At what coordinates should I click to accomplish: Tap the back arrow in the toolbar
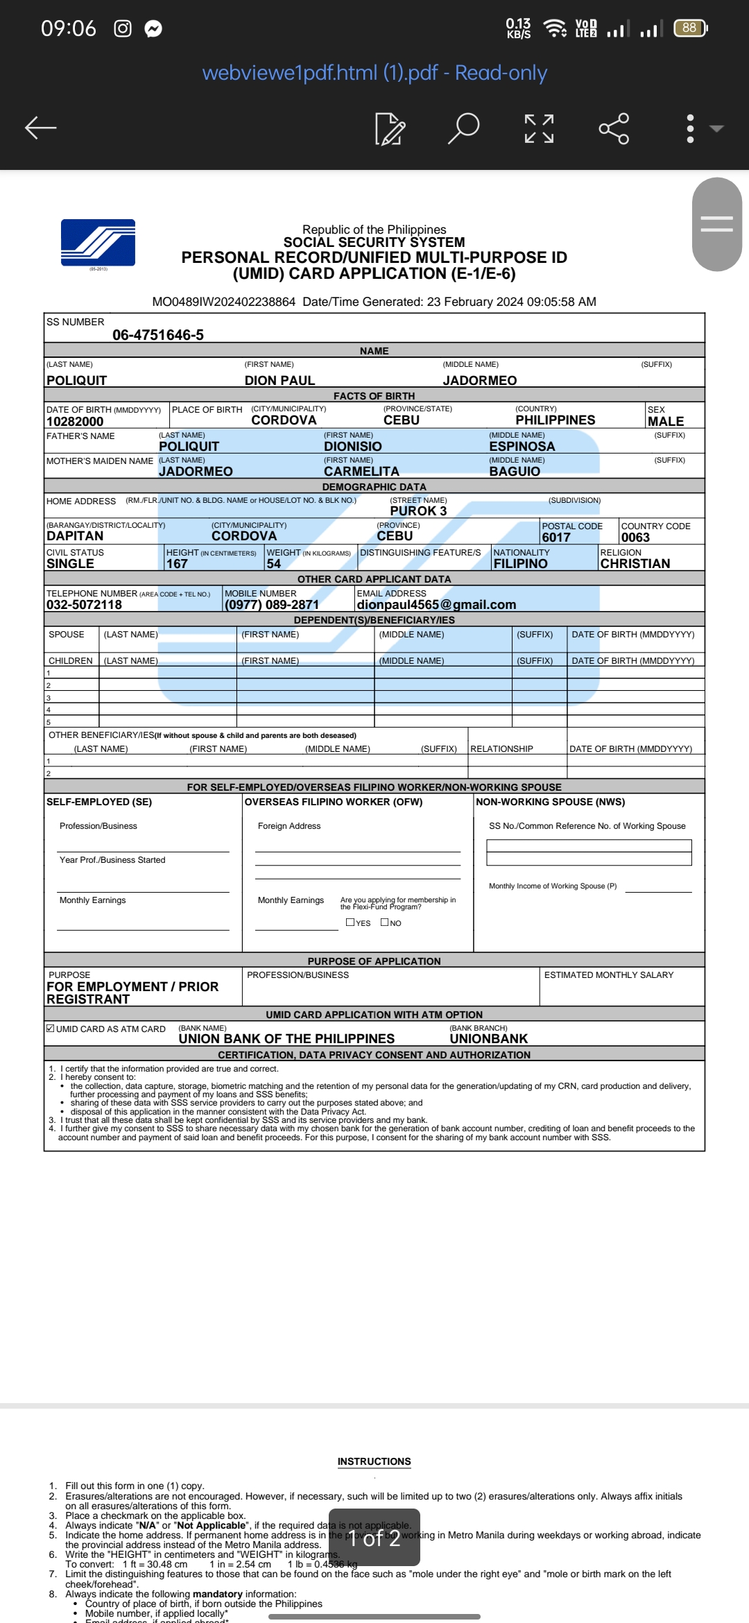click(x=41, y=128)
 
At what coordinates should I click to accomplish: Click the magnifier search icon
click(x=464, y=128)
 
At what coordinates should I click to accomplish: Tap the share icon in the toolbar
click(x=614, y=128)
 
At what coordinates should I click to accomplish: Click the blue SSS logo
click(x=98, y=243)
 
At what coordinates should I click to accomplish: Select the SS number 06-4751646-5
click(x=158, y=335)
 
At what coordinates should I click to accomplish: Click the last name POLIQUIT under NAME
click(x=77, y=381)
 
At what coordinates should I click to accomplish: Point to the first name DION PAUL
click(x=279, y=381)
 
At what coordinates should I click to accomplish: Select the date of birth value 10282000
click(x=75, y=422)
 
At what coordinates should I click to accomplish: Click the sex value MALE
click(x=666, y=422)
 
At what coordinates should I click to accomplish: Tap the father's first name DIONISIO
click(x=352, y=447)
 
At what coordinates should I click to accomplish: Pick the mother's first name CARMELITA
click(x=361, y=472)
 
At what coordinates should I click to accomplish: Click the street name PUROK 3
click(x=418, y=511)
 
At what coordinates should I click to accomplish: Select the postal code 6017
click(x=556, y=538)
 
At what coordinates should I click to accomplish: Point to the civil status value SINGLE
click(x=70, y=564)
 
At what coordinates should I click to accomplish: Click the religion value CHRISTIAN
click(x=635, y=564)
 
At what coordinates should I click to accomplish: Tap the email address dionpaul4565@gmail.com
click(x=436, y=605)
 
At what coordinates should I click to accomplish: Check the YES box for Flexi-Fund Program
click(x=350, y=922)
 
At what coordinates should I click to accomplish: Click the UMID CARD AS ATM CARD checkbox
click(x=51, y=1029)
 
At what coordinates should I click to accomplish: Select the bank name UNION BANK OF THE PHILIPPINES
click(x=286, y=1039)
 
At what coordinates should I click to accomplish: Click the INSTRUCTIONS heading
click(x=374, y=1461)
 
